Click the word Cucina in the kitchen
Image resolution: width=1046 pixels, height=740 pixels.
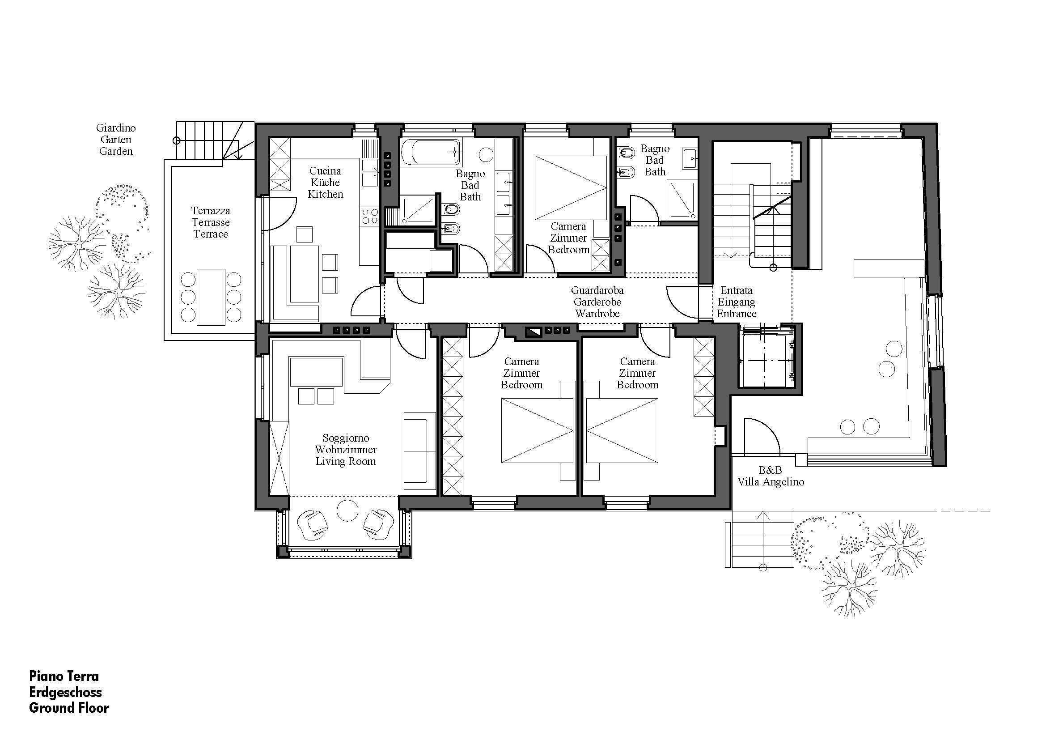point(325,171)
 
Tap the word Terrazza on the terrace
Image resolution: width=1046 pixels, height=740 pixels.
point(211,211)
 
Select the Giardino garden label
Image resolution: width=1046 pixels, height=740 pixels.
point(116,128)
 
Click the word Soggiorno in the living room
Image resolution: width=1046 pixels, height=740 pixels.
point(346,438)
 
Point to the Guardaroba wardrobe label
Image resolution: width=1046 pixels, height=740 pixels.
point(597,290)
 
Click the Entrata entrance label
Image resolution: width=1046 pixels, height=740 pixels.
point(736,290)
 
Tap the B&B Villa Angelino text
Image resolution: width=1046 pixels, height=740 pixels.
point(771,476)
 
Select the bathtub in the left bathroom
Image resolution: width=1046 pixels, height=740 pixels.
point(431,152)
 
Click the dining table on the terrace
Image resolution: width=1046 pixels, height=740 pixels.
point(211,297)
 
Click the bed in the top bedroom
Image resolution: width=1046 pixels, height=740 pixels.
point(571,188)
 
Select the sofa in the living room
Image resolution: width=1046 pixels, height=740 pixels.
point(419,451)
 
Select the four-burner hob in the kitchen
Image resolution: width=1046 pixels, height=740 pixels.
point(369,216)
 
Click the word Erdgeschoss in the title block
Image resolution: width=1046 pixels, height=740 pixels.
point(66,692)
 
